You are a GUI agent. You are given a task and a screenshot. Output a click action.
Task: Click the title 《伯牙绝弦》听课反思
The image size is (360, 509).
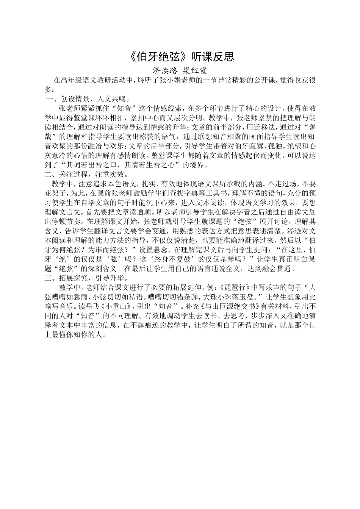pyautogui.click(x=180, y=56)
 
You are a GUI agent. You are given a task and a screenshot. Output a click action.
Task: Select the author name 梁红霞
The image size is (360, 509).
pyautogui.click(x=195, y=70)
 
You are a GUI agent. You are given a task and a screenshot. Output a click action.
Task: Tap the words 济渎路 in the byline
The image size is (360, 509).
pyautogui.click(x=165, y=70)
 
